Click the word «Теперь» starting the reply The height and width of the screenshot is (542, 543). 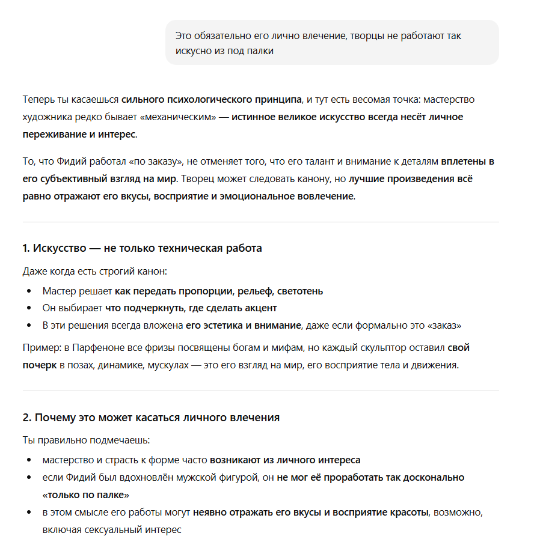[x=38, y=99]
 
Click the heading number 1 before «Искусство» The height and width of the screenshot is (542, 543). [x=26, y=248]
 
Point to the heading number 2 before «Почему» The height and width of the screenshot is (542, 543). [x=26, y=418]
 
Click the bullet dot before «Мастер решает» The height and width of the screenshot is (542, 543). [x=29, y=291]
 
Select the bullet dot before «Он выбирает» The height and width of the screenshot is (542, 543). [x=29, y=308]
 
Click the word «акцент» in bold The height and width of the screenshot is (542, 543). [x=260, y=308]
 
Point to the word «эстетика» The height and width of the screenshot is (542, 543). [x=222, y=326]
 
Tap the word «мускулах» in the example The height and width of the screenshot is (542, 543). [x=167, y=365]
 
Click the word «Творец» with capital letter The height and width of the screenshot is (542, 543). [x=196, y=179]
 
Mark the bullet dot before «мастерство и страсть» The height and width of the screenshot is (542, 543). [x=29, y=460]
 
